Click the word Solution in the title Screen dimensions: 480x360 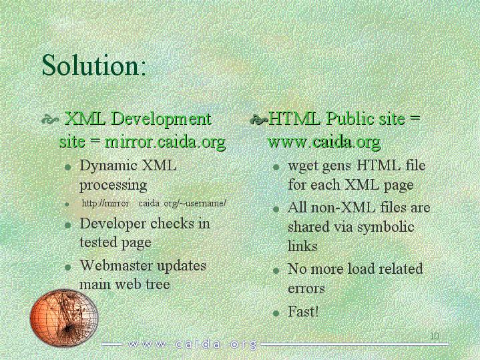(x=91, y=65)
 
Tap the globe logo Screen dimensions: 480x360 (x=64, y=317)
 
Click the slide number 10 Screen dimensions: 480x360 (x=435, y=336)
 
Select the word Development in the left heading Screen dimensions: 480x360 (x=161, y=120)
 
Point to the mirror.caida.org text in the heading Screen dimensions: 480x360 (x=166, y=142)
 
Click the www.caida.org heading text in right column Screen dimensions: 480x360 (x=324, y=142)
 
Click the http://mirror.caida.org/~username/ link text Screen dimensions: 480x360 (x=154, y=203)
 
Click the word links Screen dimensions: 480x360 (x=302, y=246)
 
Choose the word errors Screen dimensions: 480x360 (x=306, y=289)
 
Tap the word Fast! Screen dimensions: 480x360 (x=303, y=312)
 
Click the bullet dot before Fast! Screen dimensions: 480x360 (x=276, y=313)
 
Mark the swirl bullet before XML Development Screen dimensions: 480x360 (x=50, y=120)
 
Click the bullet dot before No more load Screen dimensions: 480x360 (x=276, y=271)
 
